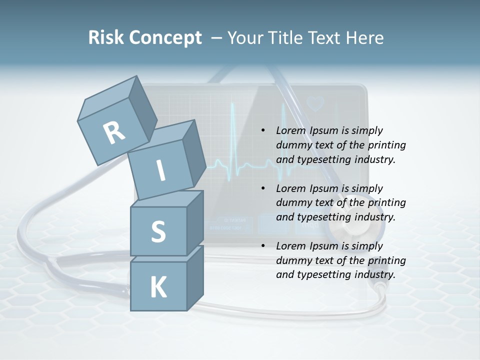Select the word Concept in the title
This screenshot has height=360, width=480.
coord(165,38)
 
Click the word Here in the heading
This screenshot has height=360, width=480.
coord(363,38)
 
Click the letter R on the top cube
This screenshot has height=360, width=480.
coord(114,132)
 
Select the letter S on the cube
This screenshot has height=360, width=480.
coord(158,231)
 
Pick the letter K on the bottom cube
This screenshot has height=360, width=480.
coord(158,287)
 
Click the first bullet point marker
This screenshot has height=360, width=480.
coord(263,131)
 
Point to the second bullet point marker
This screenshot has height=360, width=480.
coord(263,188)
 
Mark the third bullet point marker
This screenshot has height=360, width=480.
coord(263,246)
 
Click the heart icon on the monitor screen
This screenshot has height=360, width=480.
coord(315,103)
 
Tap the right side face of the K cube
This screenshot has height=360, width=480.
coord(195,277)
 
